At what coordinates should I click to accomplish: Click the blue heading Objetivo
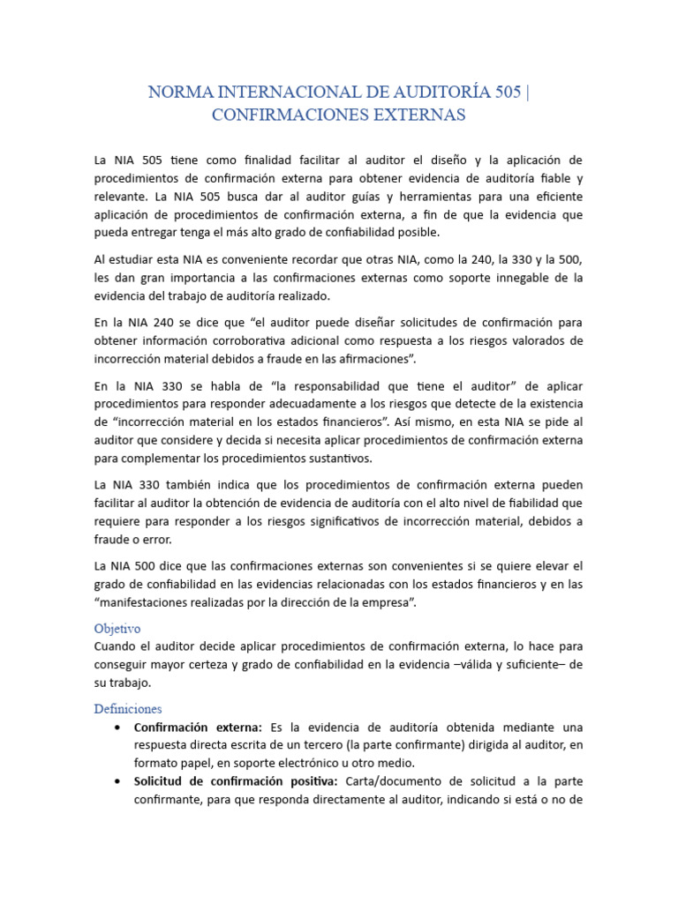[118, 629]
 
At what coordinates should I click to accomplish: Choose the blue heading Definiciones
[128, 709]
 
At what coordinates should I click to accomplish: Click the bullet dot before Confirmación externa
[118, 728]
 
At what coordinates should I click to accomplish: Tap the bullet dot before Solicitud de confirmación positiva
[118, 781]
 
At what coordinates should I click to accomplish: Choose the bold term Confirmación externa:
[198, 728]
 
